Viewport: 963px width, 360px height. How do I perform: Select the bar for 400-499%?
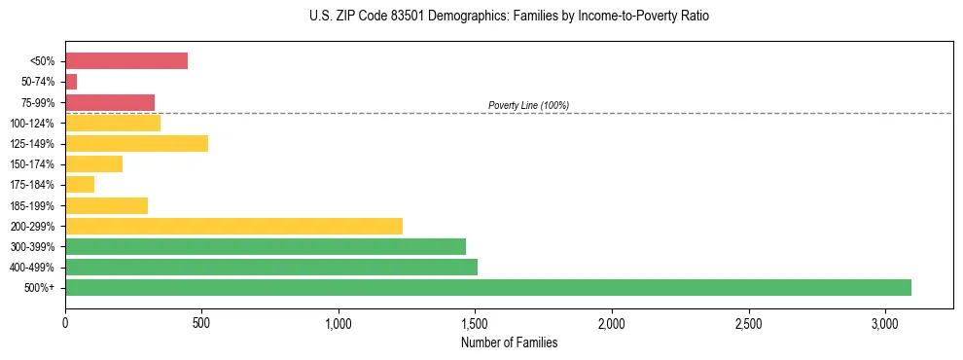click(271, 267)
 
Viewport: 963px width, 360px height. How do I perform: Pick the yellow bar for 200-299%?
click(233, 226)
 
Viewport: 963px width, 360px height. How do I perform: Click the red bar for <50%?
click(126, 61)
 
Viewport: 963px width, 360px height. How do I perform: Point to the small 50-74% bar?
click(71, 82)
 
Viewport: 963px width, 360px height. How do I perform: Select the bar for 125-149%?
click(136, 143)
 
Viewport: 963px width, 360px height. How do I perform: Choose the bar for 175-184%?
click(80, 184)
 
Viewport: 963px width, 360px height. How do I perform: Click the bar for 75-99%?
click(110, 102)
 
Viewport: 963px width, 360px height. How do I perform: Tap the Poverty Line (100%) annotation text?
click(528, 105)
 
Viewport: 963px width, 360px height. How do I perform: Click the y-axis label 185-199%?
click(32, 205)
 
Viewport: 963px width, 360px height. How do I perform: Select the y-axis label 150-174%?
click(32, 164)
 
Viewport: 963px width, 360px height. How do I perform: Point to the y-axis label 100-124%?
click(32, 124)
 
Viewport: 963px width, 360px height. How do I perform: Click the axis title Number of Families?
click(509, 342)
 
